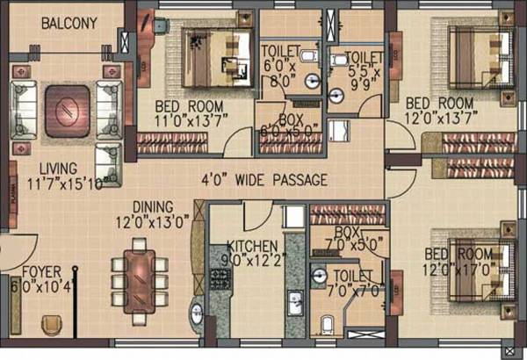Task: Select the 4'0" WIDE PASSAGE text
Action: tap(263, 181)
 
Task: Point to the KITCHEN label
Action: tap(252, 246)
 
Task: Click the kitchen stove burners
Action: tap(217, 280)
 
